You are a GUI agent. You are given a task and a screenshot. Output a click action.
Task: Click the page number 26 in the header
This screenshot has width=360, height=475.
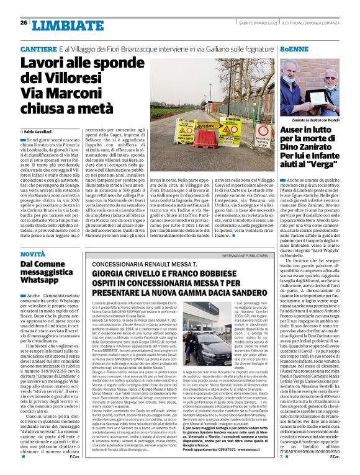tap(24, 23)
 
